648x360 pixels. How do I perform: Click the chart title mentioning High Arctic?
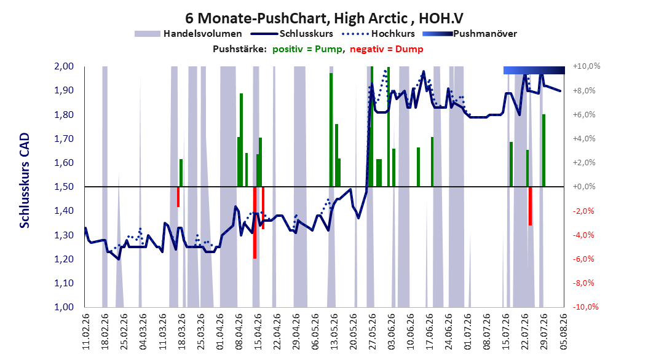coord(324,18)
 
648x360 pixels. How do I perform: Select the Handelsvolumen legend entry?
coord(188,34)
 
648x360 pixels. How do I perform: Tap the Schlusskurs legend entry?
coord(292,34)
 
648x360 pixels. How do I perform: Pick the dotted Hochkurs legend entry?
coord(378,34)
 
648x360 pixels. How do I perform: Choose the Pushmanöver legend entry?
coord(470,34)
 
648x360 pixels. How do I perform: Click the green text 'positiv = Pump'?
coord(307,49)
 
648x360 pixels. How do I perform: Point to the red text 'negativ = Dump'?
coord(387,49)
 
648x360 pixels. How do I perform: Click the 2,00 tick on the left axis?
coord(64,66)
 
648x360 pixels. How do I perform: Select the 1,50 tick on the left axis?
coord(64,187)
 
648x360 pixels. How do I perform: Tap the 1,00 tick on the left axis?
coord(64,307)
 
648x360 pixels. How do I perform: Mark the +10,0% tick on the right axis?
coord(587,66)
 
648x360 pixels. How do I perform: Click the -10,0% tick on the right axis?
coord(585,307)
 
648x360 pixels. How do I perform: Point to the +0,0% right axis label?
coord(584,187)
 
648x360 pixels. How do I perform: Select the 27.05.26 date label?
coord(373,332)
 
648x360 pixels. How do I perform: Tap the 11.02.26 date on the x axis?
coord(86,332)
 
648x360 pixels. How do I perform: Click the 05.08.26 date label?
coord(564,332)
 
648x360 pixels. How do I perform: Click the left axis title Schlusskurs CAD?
coord(25,180)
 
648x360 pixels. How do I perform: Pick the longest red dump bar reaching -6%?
coord(255,222)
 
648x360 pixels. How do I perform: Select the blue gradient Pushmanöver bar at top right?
coord(534,70)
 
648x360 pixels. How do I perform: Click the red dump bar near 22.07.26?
coord(530,206)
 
